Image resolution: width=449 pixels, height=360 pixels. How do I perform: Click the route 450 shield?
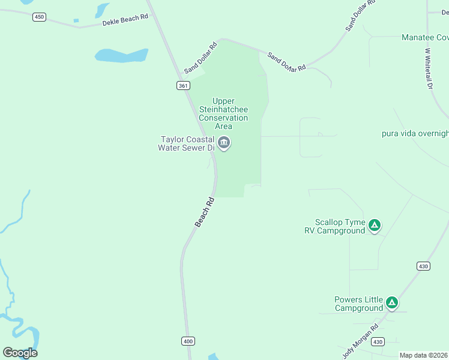click(x=39, y=17)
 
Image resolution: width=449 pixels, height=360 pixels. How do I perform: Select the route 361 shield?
click(x=183, y=86)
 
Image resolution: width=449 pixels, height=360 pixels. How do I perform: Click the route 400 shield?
click(x=188, y=341)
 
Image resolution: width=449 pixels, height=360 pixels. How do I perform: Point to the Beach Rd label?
click(x=204, y=212)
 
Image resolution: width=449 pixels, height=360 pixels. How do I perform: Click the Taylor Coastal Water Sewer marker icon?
click(x=224, y=143)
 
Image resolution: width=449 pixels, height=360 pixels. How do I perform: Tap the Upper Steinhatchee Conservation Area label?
click(x=223, y=113)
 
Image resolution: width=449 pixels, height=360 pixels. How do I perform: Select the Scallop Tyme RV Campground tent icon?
click(x=374, y=226)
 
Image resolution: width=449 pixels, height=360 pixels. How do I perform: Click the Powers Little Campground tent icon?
click(x=391, y=303)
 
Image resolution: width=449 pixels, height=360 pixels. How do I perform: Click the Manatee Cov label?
click(x=424, y=37)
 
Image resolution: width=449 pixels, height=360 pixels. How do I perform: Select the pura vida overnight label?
click(x=415, y=133)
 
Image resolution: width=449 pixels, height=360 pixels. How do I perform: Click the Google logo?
click(x=20, y=353)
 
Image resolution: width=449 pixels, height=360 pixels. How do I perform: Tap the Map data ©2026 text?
click(x=423, y=355)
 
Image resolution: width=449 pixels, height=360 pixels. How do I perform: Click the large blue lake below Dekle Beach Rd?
click(x=122, y=55)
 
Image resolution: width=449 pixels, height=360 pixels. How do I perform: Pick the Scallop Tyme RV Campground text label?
click(x=340, y=226)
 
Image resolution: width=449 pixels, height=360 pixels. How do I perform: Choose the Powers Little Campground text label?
click(x=358, y=304)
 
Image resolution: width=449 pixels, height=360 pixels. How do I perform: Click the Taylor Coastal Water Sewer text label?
click(x=185, y=143)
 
